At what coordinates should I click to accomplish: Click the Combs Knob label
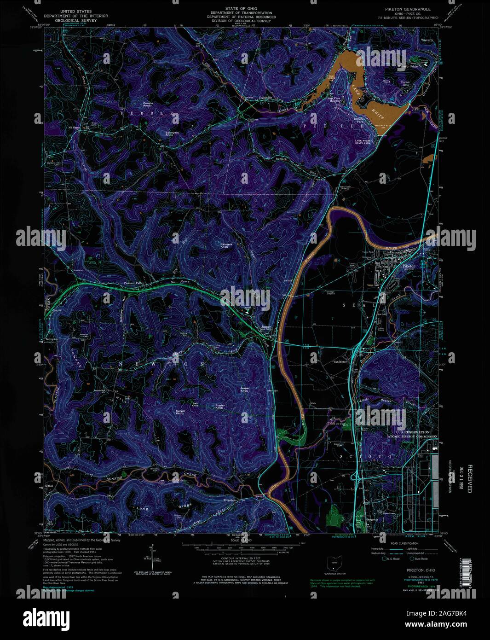[x=148, y=105]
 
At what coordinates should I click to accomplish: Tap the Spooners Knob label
[x=172, y=134]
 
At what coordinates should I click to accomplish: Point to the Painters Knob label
[x=224, y=245]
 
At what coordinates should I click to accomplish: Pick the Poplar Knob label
[x=219, y=407]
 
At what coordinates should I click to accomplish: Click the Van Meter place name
[x=340, y=362]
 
